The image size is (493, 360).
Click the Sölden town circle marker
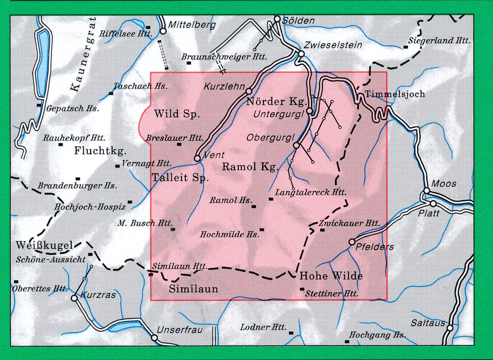(x=277, y=19)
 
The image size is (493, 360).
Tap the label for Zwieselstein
(x=333, y=45)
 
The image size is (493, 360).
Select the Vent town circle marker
(x=197, y=158)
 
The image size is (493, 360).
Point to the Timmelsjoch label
(x=395, y=94)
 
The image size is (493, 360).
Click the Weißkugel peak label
(x=45, y=245)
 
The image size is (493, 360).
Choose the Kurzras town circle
(x=74, y=298)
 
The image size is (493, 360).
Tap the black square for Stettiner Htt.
(x=302, y=289)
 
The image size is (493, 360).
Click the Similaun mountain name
(x=194, y=289)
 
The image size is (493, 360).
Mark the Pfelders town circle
(x=352, y=242)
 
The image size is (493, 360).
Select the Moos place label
(x=444, y=183)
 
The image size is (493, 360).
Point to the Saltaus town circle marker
(x=450, y=328)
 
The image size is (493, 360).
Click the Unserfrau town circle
(x=154, y=338)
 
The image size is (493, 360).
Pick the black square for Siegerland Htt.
(x=406, y=47)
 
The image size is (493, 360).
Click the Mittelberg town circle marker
(x=163, y=31)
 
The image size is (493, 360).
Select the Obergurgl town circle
(x=297, y=145)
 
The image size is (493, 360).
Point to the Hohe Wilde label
(x=331, y=276)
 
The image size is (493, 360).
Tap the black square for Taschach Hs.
(x=111, y=93)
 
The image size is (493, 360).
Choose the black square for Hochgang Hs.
(x=347, y=342)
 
